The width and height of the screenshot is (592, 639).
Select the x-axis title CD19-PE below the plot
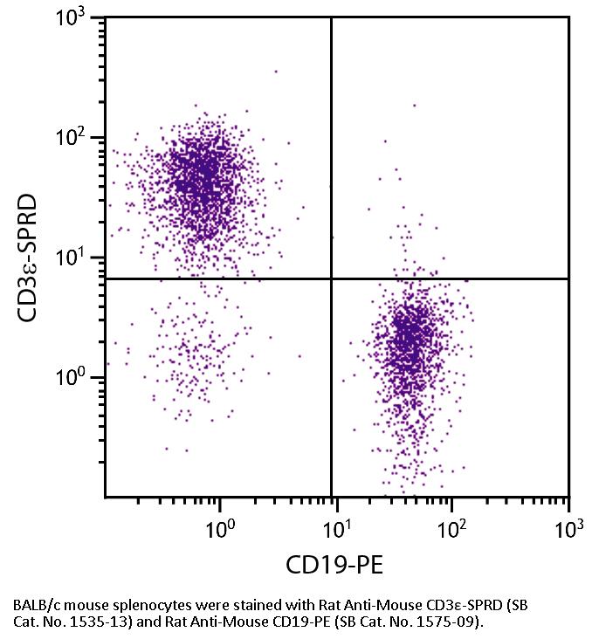click(334, 566)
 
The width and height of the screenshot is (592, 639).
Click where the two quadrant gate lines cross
click(332, 278)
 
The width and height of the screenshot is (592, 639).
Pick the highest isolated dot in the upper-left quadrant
click(276, 72)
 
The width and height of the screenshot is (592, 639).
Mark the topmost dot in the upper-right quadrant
click(414, 106)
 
